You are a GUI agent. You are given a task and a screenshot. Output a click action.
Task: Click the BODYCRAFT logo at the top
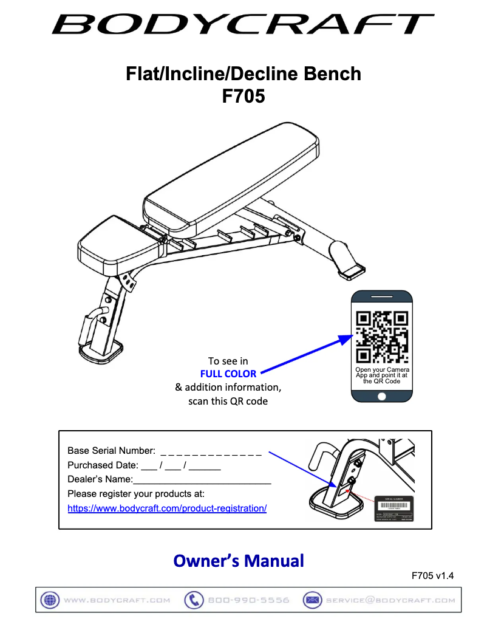(x=243, y=24)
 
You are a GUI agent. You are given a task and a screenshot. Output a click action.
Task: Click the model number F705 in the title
(x=243, y=96)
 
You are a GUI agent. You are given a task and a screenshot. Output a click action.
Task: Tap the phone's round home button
(x=382, y=396)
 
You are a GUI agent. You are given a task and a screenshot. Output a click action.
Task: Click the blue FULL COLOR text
(x=228, y=374)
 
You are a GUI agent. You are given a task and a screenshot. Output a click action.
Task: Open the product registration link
(x=167, y=508)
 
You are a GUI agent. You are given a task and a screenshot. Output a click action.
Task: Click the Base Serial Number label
(x=111, y=451)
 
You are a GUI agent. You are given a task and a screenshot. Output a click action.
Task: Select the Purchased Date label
(x=102, y=465)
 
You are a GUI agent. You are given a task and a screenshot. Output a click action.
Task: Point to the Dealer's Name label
(x=100, y=479)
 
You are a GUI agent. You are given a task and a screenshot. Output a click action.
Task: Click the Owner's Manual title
(x=239, y=560)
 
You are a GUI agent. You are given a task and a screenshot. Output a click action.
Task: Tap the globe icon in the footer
(x=49, y=600)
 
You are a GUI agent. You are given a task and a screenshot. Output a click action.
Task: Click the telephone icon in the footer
(x=194, y=600)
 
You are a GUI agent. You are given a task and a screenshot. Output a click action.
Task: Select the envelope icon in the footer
(x=312, y=600)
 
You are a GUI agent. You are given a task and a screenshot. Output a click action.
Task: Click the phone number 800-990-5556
(x=248, y=600)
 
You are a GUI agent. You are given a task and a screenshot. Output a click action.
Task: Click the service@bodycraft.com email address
(x=390, y=600)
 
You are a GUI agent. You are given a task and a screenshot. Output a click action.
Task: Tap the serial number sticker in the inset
(x=394, y=508)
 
